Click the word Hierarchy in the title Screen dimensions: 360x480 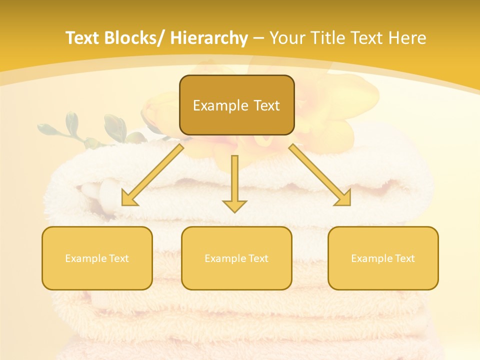pyautogui.click(x=209, y=38)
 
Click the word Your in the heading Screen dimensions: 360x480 pyautogui.click(x=286, y=38)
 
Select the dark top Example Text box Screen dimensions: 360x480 pyautogui.click(x=236, y=105)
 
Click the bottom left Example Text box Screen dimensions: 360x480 pyautogui.click(x=97, y=258)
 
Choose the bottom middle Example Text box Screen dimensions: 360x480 pyautogui.click(x=236, y=258)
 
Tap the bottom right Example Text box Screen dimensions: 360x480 pyautogui.click(x=383, y=258)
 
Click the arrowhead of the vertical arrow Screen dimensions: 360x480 pyautogui.click(x=234, y=205)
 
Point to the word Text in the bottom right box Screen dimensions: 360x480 pyautogui.click(x=404, y=258)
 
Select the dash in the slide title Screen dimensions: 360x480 pyautogui.click(x=258, y=38)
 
